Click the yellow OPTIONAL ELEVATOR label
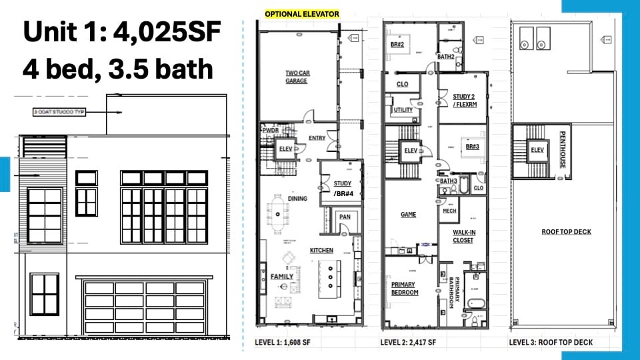(302, 14)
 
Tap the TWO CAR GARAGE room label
(296, 77)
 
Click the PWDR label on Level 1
(270, 130)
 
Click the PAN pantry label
(345, 217)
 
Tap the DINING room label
(297, 198)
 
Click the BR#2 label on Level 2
(397, 44)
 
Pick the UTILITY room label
(403, 110)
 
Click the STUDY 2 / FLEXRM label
(463, 100)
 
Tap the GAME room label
(408, 215)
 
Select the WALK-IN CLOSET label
(463, 236)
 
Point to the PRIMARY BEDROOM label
(403, 289)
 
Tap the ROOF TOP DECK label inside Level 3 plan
(567, 232)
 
